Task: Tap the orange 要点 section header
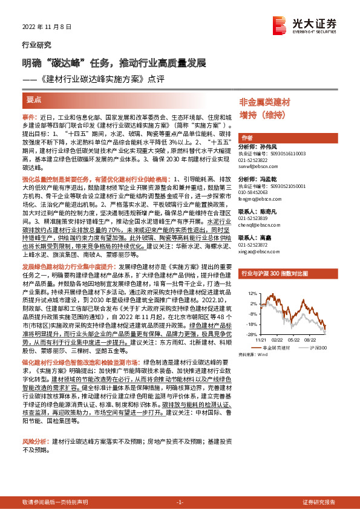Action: (x=34, y=99)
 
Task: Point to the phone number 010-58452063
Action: (x=260, y=192)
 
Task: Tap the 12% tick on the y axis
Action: (x=252, y=293)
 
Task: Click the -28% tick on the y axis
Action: (x=252, y=333)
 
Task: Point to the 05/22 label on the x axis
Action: (x=295, y=340)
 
